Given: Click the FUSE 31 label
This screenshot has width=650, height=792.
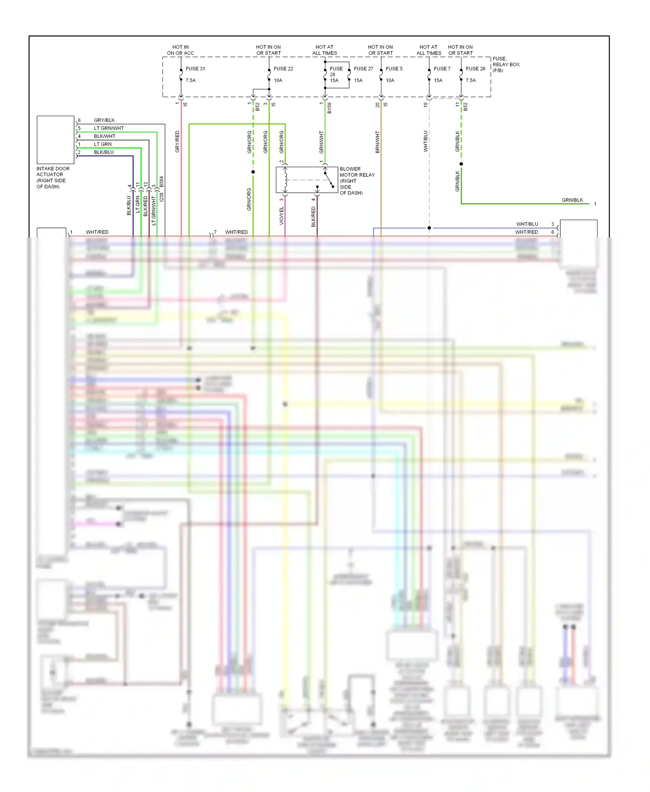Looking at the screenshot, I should (x=195, y=68).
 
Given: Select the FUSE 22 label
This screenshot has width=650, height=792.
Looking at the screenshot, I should (x=283, y=68).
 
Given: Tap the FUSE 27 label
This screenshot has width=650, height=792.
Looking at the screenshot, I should (x=363, y=68).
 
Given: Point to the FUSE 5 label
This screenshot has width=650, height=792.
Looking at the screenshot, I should (x=394, y=68).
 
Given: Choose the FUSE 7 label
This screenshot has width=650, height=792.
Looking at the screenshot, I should (x=442, y=68).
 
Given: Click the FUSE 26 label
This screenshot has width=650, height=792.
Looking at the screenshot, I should (x=475, y=68).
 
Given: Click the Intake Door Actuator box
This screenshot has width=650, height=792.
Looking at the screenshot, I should (x=55, y=140).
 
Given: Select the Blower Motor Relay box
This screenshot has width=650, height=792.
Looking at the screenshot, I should (x=307, y=180).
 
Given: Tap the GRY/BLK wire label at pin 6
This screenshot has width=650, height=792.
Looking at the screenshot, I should (x=104, y=120).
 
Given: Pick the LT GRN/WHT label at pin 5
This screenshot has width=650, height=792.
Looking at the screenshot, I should (x=109, y=128).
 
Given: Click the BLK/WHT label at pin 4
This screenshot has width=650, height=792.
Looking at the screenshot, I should (x=104, y=136).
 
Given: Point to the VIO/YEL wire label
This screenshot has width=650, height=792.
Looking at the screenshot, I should (x=282, y=215).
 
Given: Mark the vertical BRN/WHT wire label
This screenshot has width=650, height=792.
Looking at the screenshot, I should (x=377, y=142).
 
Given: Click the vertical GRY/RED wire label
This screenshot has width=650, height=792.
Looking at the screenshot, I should (x=177, y=141).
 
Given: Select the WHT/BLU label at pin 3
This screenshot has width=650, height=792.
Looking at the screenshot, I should (x=527, y=224).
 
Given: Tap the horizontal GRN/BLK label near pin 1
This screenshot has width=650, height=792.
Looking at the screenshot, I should (x=572, y=200).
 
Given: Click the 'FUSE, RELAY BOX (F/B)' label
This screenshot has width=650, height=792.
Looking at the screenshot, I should (x=506, y=65).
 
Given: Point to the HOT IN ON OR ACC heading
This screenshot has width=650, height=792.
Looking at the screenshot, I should (x=180, y=50).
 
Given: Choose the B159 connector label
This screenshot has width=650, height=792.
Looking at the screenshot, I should (x=329, y=108).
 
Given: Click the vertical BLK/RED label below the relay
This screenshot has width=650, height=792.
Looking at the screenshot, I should (x=313, y=216).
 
